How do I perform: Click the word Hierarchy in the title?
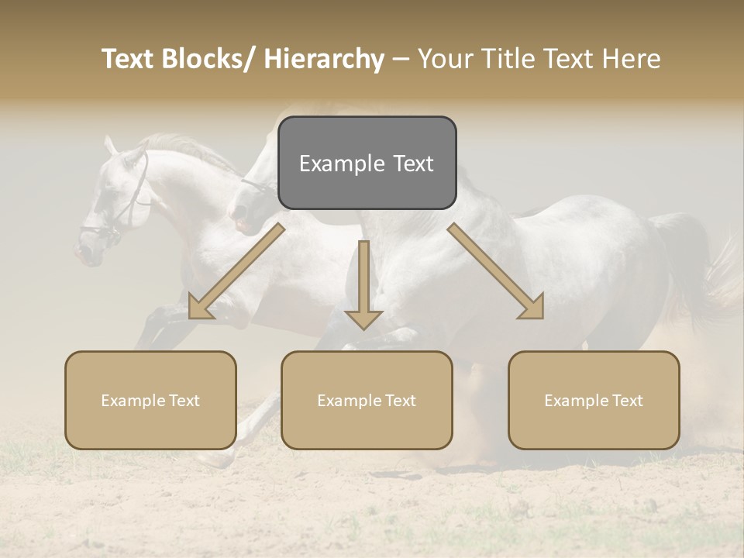tap(324, 59)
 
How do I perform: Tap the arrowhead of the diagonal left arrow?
tap(200, 308)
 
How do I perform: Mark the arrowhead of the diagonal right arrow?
tap(532, 307)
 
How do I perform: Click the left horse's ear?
tap(111, 145)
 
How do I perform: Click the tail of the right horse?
tap(694, 263)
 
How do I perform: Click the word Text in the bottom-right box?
tap(627, 401)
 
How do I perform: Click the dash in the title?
tap(400, 59)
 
